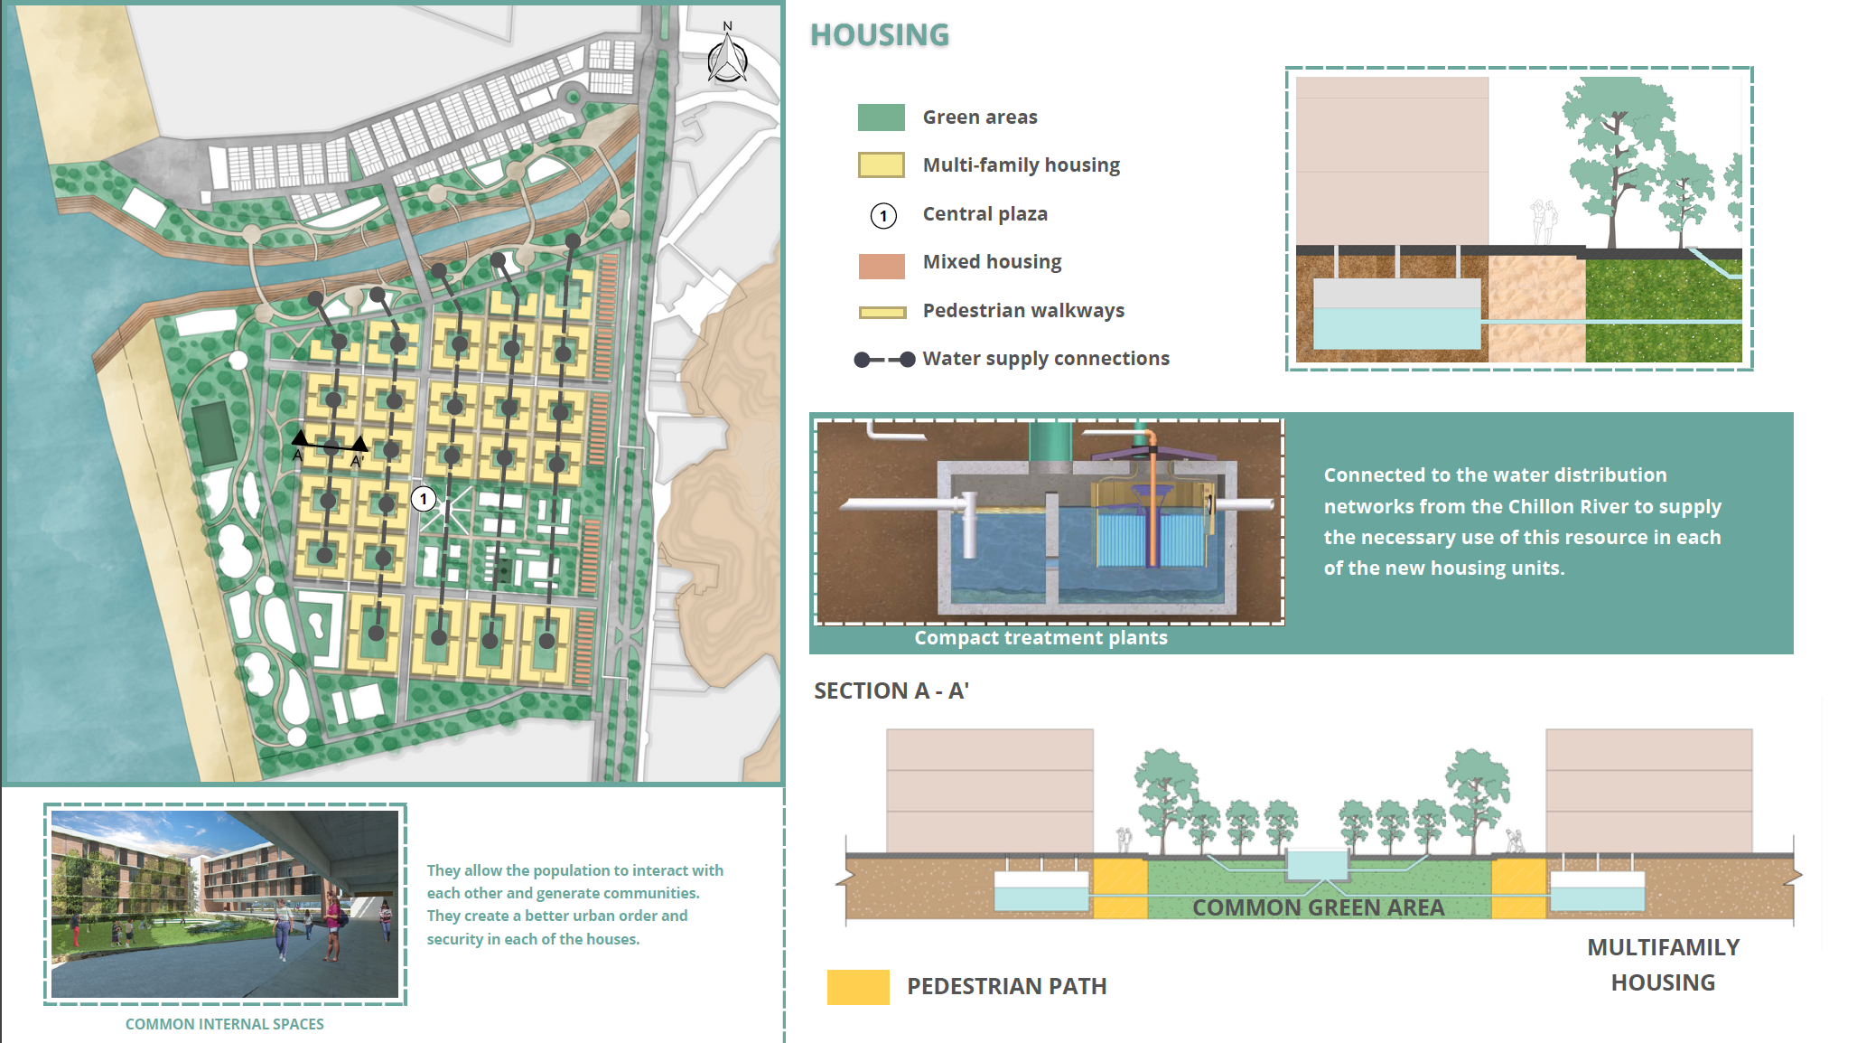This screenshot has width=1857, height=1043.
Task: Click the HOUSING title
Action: [880, 34]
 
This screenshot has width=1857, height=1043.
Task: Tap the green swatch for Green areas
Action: [881, 117]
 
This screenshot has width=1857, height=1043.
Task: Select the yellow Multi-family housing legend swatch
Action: [881, 164]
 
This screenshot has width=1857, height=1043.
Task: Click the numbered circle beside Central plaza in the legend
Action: [883, 215]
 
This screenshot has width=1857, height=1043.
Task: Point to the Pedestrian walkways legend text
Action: [1023, 310]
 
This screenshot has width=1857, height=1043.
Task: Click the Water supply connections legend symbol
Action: [884, 359]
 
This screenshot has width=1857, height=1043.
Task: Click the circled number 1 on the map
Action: [424, 498]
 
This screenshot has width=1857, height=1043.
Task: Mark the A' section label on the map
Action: [357, 461]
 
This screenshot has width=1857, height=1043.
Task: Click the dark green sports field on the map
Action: [214, 434]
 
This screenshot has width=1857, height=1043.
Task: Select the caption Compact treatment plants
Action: [1040, 637]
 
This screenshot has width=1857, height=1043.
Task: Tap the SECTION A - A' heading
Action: [891, 691]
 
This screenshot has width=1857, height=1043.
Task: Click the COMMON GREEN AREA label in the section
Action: [1318, 907]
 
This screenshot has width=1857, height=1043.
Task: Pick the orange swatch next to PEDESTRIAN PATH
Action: [858, 987]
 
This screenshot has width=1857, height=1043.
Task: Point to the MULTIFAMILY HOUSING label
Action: [1663, 964]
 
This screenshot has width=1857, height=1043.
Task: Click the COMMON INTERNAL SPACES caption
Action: [224, 1024]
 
